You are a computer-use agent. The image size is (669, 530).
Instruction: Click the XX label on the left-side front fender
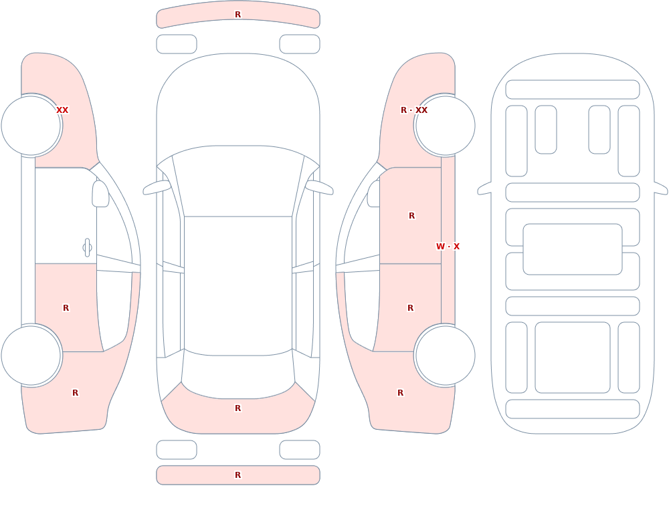[x=62, y=110]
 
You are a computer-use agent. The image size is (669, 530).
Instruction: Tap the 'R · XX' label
[x=414, y=110]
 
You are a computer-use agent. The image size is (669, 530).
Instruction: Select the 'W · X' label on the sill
[x=448, y=247]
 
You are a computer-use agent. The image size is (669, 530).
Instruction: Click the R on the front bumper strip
[x=238, y=15]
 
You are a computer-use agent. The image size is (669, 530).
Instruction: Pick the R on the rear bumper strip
[x=238, y=475]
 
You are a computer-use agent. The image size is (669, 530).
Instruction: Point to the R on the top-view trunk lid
[x=238, y=408]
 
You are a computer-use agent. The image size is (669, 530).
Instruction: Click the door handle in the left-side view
[x=87, y=248]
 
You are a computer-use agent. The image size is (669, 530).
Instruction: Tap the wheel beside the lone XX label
[x=31, y=126]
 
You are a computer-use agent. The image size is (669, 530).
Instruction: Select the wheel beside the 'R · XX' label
[x=445, y=126]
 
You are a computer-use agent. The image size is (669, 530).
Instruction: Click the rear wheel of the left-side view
[x=31, y=356]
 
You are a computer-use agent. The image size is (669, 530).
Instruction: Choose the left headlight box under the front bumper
[x=177, y=44]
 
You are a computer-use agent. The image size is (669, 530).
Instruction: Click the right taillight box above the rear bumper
[x=300, y=450]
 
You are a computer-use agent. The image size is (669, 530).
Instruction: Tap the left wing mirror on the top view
[x=157, y=187]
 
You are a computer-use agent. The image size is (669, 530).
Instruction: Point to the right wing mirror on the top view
[x=319, y=187]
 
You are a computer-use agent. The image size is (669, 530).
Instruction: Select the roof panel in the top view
[x=238, y=285]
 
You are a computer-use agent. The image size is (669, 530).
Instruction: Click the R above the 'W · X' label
[x=411, y=216]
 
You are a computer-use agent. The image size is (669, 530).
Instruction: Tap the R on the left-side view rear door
[x=66, y=308]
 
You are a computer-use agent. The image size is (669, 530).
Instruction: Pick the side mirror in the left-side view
[x=100, y=194]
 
